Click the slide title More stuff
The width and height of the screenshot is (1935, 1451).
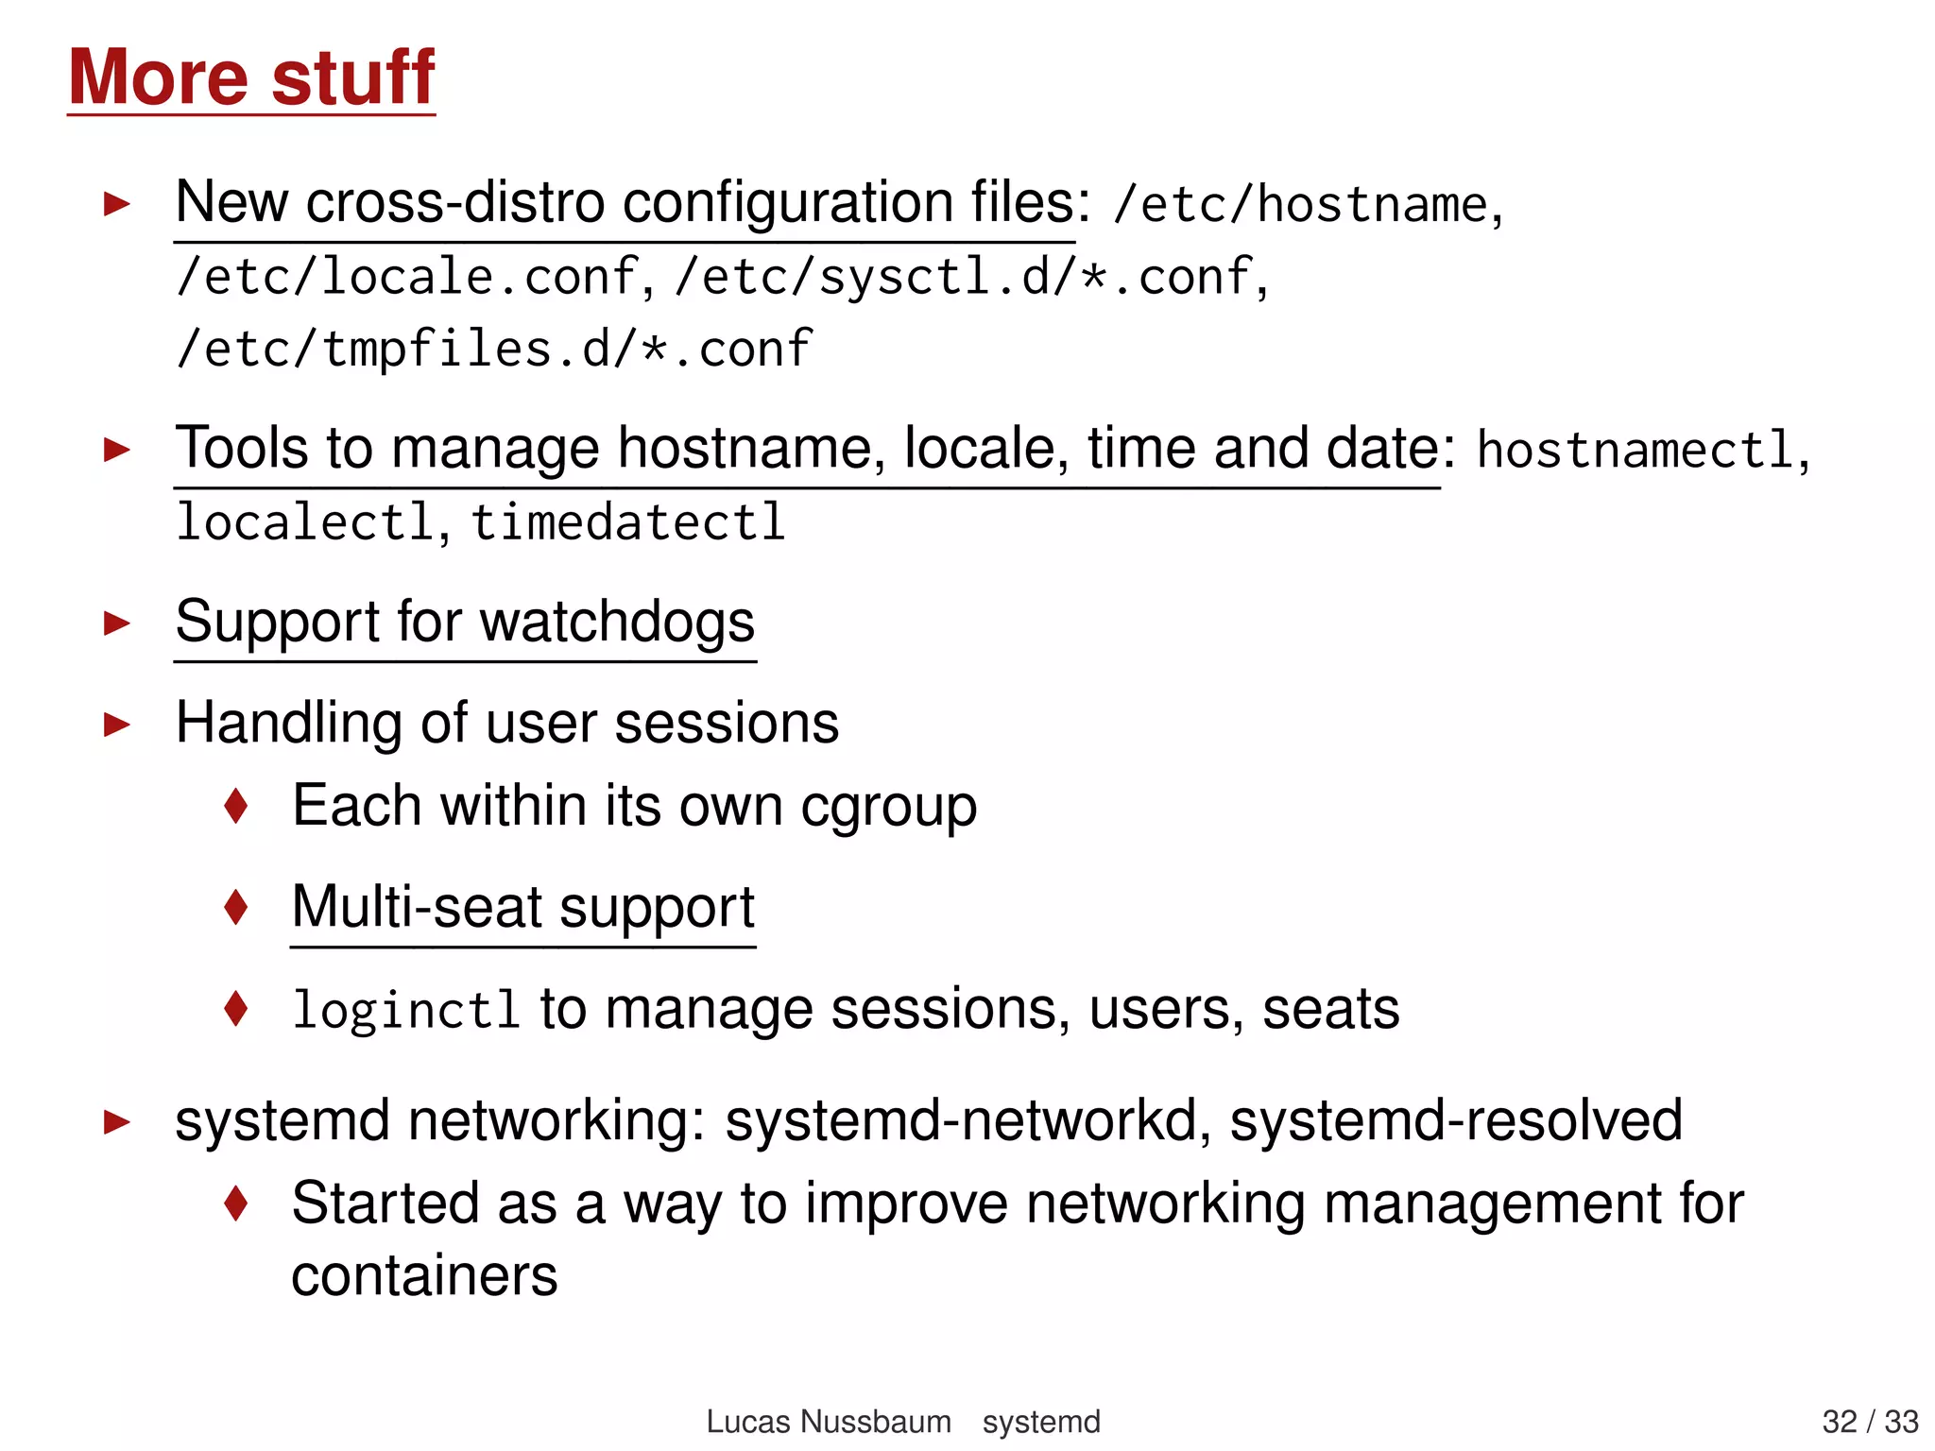point(251,77)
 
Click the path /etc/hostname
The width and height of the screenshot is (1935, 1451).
point(1300,205)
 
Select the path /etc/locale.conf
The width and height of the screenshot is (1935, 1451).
point(407,277)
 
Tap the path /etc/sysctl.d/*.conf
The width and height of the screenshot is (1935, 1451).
point(963,277)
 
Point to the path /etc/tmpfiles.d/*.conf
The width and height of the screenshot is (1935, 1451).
point(493,350)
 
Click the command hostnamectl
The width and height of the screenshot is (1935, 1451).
point(1635,450)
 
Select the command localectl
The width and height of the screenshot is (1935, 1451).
point(305,522)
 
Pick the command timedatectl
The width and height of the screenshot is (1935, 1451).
point(628,522)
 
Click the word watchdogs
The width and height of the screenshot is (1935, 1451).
point(617,623)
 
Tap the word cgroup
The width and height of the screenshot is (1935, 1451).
point(888,808)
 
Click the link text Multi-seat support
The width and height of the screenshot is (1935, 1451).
point(522,908)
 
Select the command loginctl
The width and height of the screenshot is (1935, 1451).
point(405,1010)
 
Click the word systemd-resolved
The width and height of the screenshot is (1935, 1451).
point(1456,1121)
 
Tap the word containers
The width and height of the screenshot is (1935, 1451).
point(424,1276)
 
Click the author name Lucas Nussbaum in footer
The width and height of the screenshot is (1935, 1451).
point(829,1422)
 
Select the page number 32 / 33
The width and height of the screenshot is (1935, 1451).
point(1870,1422)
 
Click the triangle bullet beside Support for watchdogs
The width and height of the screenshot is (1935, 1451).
point(117,623)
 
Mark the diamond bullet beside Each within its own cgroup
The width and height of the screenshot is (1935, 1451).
point(236,806)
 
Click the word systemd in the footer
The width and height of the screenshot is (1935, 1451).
point(1041,1422)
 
